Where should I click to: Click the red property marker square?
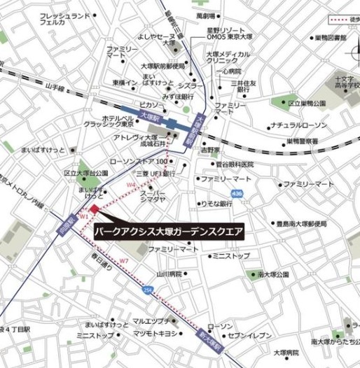[x=95, y=208]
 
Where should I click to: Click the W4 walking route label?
[x=130, y=185]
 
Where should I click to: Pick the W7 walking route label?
[x=124, y=261]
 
